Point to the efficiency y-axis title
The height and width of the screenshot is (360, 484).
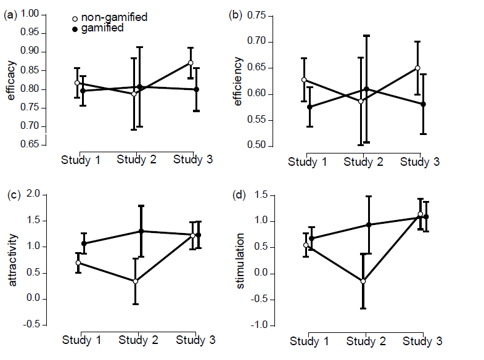coord(238,81)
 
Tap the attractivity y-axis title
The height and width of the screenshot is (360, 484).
coord(12,260)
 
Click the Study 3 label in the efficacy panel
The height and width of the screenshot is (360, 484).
coord(193,160)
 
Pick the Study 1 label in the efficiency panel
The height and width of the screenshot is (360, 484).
coord(308,162)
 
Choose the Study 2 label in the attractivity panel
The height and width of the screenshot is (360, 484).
coord(138,340)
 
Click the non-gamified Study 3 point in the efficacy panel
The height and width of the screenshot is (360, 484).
coord(191,63)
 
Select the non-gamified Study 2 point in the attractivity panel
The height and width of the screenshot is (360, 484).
coord(135,281)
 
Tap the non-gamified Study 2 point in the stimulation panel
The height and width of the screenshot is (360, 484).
coord(363,281)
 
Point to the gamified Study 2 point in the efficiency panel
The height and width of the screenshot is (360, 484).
coord(366,89)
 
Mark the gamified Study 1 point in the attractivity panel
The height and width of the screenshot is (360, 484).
coord(84,243)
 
